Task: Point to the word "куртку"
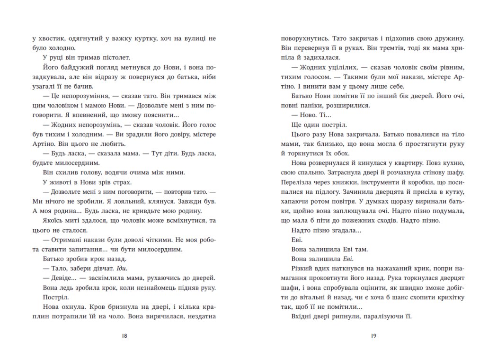pyautogui.click(x=153, y=38)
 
